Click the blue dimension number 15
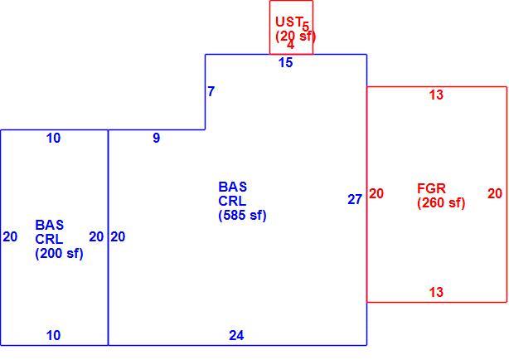286,62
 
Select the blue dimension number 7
211,91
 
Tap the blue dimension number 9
157,138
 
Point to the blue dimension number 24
236,335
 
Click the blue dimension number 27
355,200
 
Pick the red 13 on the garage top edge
436,95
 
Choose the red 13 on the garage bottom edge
436,292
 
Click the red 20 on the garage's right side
495,193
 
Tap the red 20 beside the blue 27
376,193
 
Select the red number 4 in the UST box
290,45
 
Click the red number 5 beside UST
306,26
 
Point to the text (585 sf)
243,216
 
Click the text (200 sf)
59,254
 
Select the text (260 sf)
441,203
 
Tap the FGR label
431,188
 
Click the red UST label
289,22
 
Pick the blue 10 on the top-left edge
53,138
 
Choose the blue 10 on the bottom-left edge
53,335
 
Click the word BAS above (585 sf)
233,187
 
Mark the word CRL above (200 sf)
49,240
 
